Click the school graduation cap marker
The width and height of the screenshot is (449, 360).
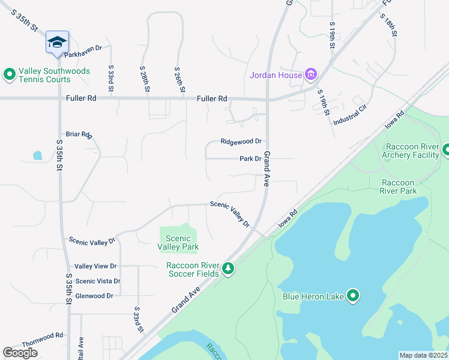pyautogui.click(x=57, y=43)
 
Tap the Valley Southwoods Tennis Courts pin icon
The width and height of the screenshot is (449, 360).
pyautogui.click(x=9, y=74)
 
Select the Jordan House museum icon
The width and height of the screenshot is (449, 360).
pyautogui.click(x=310, y=75)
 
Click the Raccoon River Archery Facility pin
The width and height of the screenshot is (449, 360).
pyautogui.click(x=446, y=150)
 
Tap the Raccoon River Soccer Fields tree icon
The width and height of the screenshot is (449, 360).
pyautogui.click(x=228, y=268)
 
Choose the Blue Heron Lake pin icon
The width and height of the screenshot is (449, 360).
pyautogui.click(x=353, y=296)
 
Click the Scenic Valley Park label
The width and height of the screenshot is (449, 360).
pyautogui.click(x=178, y=242)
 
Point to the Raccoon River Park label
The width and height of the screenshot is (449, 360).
pyautogui.click(x=398, y=187)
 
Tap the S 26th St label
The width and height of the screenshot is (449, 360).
pyautogui.click(x=179, y=79)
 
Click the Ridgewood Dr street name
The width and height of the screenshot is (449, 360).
pyautogui.click(x=241, y=142)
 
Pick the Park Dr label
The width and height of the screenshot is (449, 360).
pyautogui.click(x=251, y=159)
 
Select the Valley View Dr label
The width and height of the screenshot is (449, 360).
pyautogui.click(x=95, y=266)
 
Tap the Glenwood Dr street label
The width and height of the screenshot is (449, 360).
pyautogui.click(x=94, y=296)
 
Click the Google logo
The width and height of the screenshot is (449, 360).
pyautogui.click(x=20, y=353)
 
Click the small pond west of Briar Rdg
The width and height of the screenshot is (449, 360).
pyautogui.click(x=38, y=155)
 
